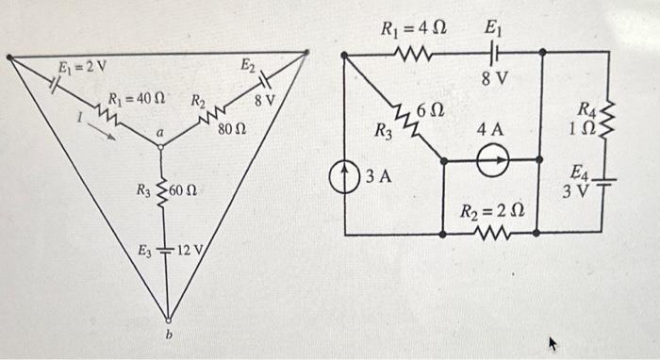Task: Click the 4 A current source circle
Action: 488,163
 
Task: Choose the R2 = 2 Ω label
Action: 490,211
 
